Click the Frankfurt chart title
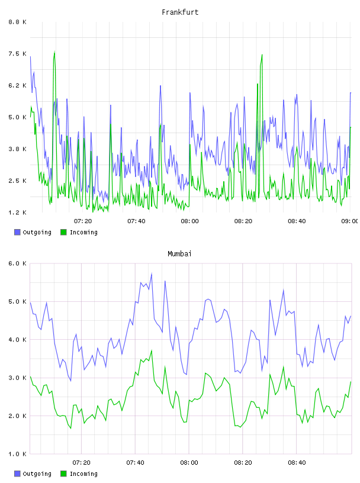tap(180, 12)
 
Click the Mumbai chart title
tap(179, 254)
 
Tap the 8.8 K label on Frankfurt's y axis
tap(17, 22)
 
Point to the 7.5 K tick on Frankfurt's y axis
tap(17, 54)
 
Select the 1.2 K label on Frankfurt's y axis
tap(17, 212)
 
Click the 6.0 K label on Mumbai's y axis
tap(17, 263)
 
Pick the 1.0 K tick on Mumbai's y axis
tap(17, 454)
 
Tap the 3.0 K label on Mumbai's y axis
tap(17, 378)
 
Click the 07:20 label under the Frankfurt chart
tap(83, 221)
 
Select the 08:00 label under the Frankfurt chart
tap(189, 221)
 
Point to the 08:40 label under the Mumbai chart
tap(297, 463)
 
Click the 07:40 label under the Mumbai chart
tap(136, 463)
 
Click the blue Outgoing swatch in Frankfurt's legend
tap(17, 232)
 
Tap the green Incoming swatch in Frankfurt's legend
tap(63, 232)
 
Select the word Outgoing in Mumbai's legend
tap(37, 474)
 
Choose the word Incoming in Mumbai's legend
tap(83, 474)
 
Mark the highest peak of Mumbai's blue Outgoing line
tap(152, 273)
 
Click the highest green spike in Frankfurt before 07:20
tap(54, 51)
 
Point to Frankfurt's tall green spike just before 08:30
tap(262, 55)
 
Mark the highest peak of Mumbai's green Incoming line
tap(152, 350)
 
